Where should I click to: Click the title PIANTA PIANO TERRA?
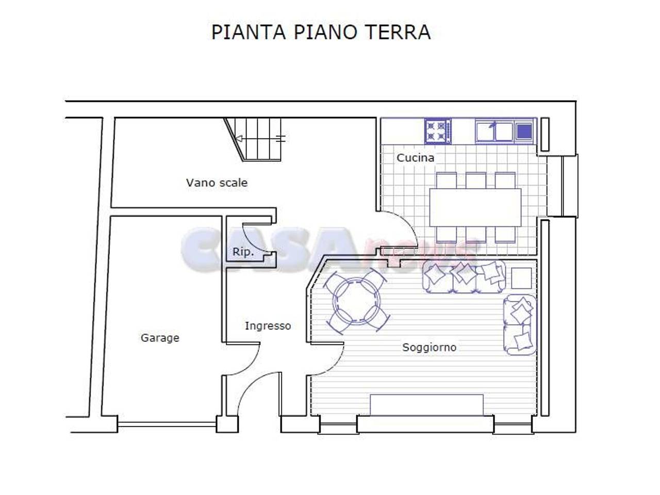(x=321, y=32)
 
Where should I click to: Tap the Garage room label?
(x=160, y=338)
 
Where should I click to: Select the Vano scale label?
(x=217, y=183)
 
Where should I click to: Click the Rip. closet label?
(x=243, y=252)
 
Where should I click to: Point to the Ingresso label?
(x=268, y=326)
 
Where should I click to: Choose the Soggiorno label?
(x=429, y=347)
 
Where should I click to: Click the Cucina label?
(x=415, y=158)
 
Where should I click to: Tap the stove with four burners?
(x=438, y=131)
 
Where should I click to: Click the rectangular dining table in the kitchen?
(x=475, y=207)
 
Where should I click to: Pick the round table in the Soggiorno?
(x=356, y=301)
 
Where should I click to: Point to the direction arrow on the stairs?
(x=239, y=138)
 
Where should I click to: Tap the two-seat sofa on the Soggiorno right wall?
(x=520, y=325)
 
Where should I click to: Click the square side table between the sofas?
(x=521, y=278)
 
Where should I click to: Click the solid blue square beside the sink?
(x=524, y=131)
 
